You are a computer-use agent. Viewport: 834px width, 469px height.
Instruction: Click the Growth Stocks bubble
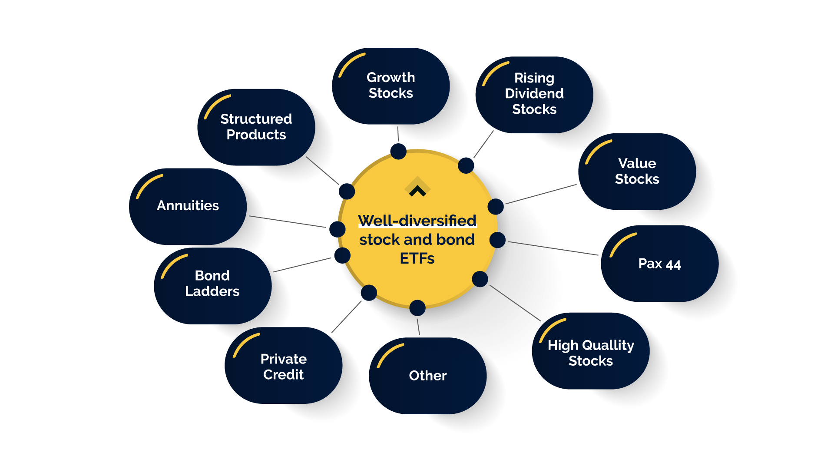[391, 86]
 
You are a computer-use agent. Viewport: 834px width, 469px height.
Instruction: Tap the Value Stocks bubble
[637, 171]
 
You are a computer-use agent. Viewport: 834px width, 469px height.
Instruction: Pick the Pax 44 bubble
[659, 264]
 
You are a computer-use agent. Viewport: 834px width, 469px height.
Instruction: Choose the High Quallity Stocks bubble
[590, 352]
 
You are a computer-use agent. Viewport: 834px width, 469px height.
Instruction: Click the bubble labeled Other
[427, 376]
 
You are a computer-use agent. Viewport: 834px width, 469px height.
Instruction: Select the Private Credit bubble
[283, 367]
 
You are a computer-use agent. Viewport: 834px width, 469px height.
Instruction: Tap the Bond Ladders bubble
[212, 284]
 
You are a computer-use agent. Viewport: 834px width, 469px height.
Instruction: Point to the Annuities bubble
[188, 206]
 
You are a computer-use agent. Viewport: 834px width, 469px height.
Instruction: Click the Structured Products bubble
[256, 127]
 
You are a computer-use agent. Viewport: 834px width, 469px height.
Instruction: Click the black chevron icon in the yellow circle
[417, 191]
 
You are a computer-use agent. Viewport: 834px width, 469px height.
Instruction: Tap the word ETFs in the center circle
[417, 258]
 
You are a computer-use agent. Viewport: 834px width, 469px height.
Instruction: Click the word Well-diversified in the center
[417, 221]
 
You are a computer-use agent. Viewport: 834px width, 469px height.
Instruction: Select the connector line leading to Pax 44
[553, 248]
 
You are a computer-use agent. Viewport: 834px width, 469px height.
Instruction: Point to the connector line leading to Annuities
[288, 221]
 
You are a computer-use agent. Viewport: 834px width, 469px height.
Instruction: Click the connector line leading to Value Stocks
[541, 194]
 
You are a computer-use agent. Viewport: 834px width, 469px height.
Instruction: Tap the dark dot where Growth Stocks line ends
[398, 152]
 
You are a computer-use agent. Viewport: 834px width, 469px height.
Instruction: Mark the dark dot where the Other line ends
[417, 308]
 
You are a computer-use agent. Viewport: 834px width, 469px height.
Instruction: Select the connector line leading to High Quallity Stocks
[515, 303]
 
